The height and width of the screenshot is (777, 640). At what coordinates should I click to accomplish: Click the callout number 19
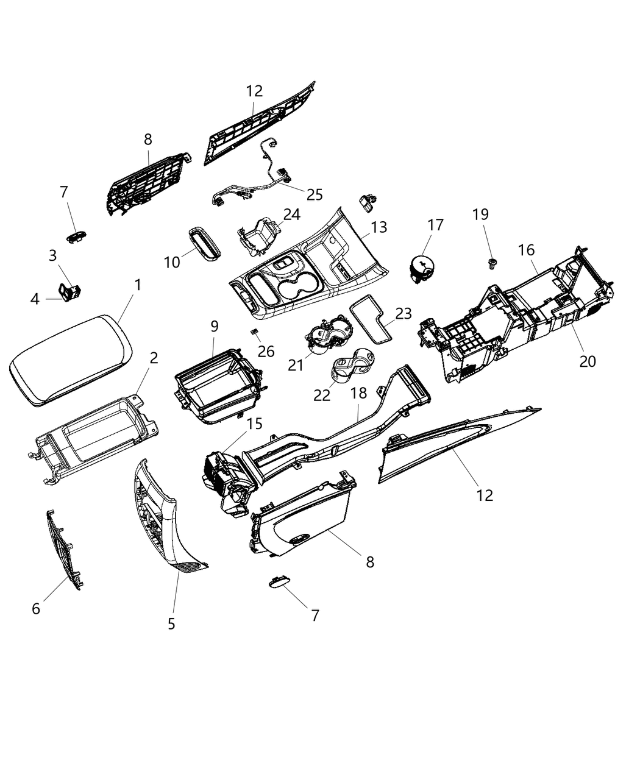(x=481, y=215)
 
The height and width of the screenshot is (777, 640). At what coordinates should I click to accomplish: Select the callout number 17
(x=436, y=225)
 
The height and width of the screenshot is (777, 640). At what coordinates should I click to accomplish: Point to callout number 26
(x=266, y=352)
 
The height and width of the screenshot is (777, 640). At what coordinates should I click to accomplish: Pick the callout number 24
(x=292, y=215)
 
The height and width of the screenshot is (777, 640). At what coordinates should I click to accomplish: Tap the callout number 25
(x=315, y=195)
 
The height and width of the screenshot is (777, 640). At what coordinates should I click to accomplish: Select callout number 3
(x=53, y=256)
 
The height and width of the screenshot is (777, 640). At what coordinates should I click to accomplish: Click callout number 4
(x=35, y=299)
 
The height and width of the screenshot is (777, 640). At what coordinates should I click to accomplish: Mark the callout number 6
(x=36, y=608)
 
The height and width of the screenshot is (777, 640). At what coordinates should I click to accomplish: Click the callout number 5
(x=171, y=623)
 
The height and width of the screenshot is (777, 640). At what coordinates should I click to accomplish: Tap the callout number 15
(x=254, y=423)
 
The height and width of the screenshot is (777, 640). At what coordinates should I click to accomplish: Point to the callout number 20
(x=587, y=361)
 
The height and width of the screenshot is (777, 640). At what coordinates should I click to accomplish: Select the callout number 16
(x=526, y=250)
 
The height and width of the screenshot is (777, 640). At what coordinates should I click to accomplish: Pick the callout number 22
(x=322, y=395)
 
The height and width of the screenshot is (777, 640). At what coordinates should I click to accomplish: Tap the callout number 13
(x=379, y=228)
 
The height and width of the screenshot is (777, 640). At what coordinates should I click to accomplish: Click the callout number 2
(x=154, y=358)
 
